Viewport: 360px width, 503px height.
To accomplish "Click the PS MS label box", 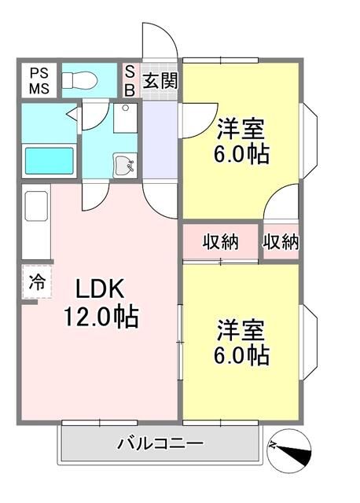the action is click(x=39, y=80).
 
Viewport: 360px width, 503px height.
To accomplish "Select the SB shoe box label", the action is click(x=130, y=81).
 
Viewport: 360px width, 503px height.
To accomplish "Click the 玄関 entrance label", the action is click(x=160, y=80).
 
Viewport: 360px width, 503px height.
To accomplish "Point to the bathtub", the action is click(x=49, y=161).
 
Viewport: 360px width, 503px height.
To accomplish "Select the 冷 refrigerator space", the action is click(x=37, y=282).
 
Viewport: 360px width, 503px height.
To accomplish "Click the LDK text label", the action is click(x=100, y=288).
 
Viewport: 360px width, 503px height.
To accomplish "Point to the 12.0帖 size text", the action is click(x=101, y=317).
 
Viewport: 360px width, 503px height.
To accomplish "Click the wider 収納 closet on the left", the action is click(x=220, y=242).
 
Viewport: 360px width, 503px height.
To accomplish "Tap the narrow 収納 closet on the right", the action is click(x=281, y=242).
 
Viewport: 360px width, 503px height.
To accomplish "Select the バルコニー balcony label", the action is click(x=160, y=444).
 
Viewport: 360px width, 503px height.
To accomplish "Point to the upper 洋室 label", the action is click(x=241, y=129).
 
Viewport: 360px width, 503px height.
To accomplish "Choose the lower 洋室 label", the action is click(x=241, y=330).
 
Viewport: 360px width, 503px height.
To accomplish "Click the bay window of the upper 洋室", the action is click(x=309, y=141).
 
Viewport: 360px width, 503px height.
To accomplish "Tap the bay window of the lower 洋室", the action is click(x=309, y=343).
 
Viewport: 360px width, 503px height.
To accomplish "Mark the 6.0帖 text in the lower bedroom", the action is click(x=241, y=355).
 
